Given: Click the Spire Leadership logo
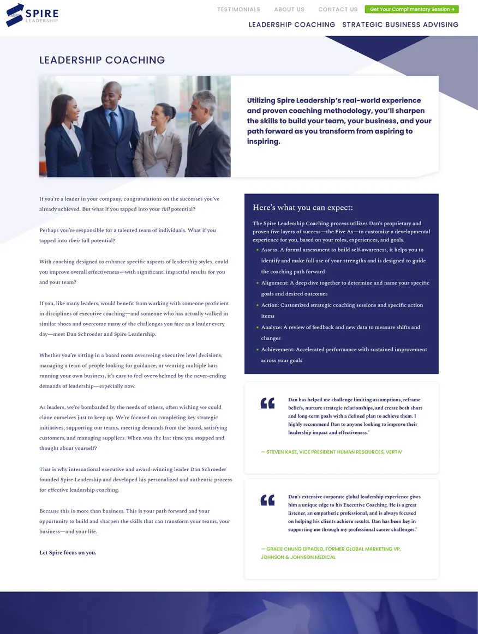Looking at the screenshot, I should click(x=32, y=15).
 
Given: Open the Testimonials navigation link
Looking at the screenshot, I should click(x=238, y=9).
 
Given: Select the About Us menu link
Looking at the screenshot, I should click(x=289, y=9).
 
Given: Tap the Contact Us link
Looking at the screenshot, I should click(x=338, y=9).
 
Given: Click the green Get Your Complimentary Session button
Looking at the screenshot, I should click(x=412, y=9).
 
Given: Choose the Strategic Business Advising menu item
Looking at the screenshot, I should click(x=400, y=25).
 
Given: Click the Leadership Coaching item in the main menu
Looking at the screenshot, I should click(x=292, y=25).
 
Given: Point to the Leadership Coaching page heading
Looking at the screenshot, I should click(x=102, y=61).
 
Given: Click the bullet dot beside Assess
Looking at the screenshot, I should click(x=258, y=250).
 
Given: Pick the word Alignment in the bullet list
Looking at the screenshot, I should click(x=274, y=283).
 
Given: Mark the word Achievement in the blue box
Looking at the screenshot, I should click(x=278, y=349).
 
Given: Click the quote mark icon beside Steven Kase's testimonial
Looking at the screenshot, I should click(x=267, y=403).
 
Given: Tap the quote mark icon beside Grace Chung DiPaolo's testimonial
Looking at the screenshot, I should click(x=267, y=500).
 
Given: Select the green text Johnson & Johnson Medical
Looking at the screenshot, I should click(x=298, y=557).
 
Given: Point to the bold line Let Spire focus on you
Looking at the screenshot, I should click(x=68, y=552).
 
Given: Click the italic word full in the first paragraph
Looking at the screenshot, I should click(x=166, y=209).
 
